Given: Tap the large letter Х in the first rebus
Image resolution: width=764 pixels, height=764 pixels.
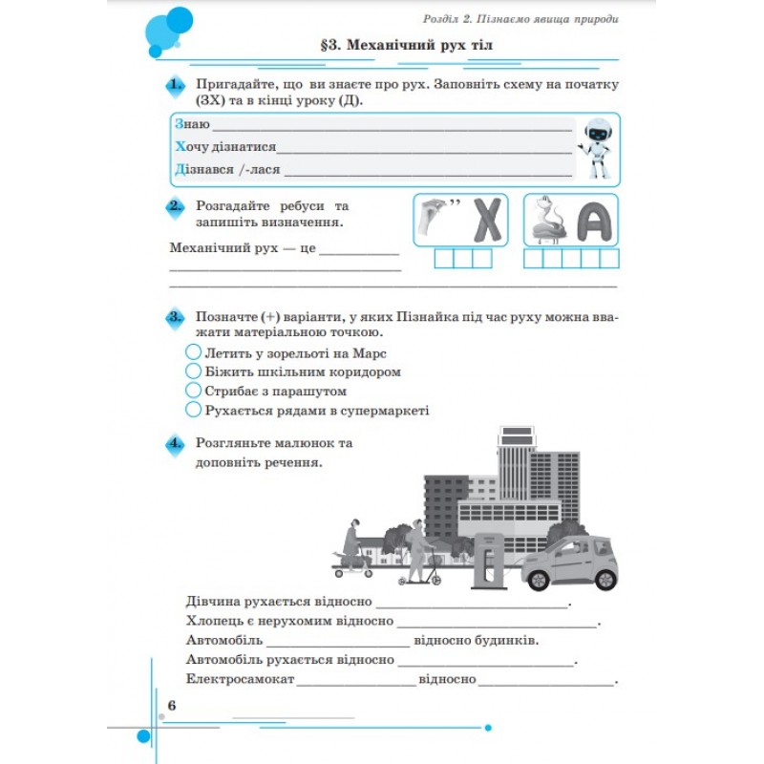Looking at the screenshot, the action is coord(487,220).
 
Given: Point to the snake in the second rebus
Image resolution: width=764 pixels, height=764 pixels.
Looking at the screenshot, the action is coord(548,220).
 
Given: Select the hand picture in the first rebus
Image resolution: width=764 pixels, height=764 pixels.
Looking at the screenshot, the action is coord(433,218).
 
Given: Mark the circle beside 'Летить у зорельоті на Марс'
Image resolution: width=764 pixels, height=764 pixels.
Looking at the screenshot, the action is coord(194,351).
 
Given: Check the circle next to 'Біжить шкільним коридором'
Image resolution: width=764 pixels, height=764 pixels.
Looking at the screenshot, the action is coord(194,371).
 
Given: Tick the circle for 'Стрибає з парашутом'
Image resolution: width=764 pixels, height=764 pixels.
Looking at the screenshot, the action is coord(194,391).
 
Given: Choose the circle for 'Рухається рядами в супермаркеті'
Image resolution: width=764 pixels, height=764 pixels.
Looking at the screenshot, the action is coord(194,410).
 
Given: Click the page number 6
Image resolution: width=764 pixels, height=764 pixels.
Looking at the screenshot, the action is coord(172,705).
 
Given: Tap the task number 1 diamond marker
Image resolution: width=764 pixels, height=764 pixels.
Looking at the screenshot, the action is coord(176,86).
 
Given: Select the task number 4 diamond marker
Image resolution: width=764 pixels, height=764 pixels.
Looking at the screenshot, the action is coord(176,444).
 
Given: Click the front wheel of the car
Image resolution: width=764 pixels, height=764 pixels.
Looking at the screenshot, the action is coord(539,580).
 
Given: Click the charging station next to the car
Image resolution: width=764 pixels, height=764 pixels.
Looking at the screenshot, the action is coord(489,561).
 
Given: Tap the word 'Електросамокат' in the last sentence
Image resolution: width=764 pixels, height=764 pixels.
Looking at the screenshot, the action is coord(241,679).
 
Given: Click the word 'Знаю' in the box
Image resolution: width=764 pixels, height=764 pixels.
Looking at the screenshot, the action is coord(192,124).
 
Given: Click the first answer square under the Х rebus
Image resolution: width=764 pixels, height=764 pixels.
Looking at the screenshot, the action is coord(444,259).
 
